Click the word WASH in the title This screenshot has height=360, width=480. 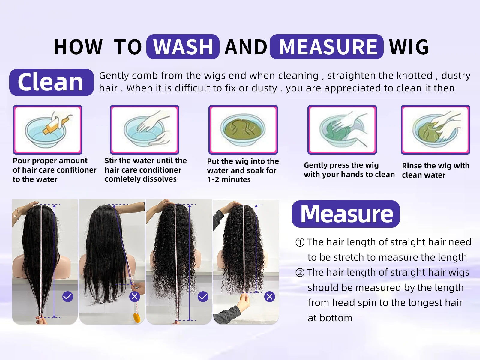[183, 47]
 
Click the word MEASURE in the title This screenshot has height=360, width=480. [327, 47]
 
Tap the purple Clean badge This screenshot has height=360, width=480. [51, 82]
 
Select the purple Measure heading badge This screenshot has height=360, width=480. [346, 214]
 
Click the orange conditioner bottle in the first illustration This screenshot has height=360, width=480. [56, 125]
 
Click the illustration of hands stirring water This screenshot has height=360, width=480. [144, 130]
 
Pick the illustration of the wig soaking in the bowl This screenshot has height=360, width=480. [243, 130]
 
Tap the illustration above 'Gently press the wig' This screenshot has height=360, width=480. [342, 130]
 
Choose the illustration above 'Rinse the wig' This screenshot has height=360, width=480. [435, 130]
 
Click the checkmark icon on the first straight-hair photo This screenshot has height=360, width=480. [68, 297]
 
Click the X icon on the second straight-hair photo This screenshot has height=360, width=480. [135, 297]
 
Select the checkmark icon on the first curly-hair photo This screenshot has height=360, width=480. [203, 297]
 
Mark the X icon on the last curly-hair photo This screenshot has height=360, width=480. [270, 297]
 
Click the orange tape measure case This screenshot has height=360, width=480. [137, 318]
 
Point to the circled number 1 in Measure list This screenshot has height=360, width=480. [300, 242]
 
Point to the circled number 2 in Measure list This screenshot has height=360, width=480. [300, 273]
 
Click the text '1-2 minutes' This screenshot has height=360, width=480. [229, 180]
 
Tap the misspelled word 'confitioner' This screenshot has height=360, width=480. [76, 170]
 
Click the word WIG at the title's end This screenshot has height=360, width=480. [409, 47]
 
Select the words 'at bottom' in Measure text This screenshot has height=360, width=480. [330, 318]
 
